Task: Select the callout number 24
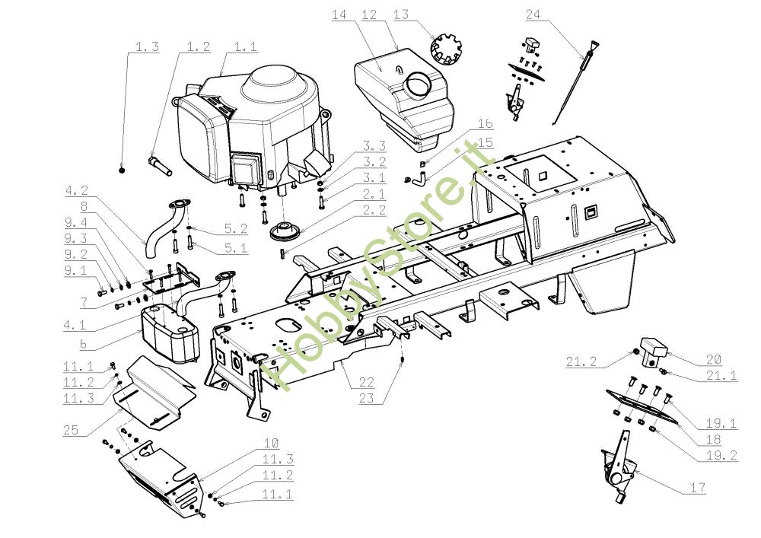pos(533,16)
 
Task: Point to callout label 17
pos(697,489)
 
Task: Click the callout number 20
pos(714,359)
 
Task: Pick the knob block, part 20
pos(654,352)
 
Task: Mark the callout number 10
pos(271,443)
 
